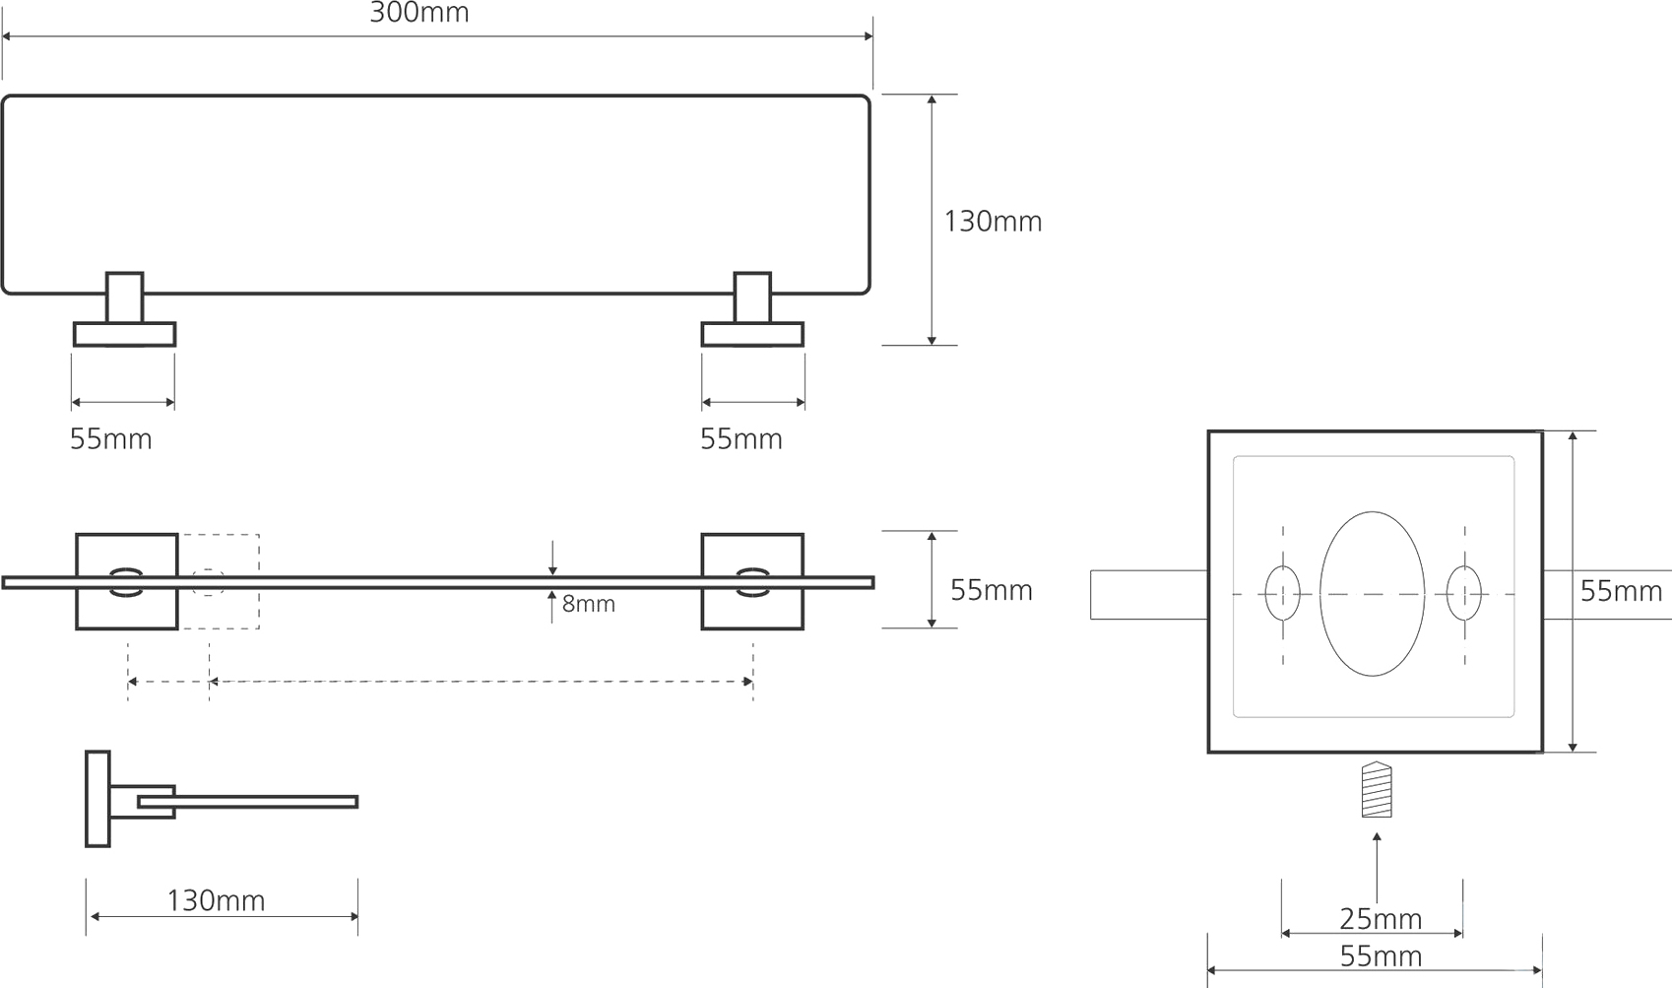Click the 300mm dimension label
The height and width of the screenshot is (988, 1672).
(x=419, y=13)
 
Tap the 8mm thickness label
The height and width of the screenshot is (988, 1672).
(x=588, y=604)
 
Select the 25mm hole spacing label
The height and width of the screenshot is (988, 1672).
(x=1381, y=919)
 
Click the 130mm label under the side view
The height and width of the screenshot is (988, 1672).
(x=216, y=900)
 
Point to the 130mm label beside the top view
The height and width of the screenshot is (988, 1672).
(x=993, y=222)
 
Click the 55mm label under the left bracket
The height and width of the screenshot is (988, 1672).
(x=111, y=439)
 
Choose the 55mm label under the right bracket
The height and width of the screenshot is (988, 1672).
(x=741, y=439)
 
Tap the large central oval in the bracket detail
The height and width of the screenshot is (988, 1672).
(x=1372, y=594)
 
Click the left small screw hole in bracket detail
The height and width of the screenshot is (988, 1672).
(x=1282, y=594)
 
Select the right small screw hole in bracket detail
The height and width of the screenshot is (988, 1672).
(x=1464, y=594)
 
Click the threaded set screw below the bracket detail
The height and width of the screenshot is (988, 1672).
(x=1377, y=789)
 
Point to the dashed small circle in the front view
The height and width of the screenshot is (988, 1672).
(x=208, y=582)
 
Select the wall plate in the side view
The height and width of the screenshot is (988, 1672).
(x=97, y=799)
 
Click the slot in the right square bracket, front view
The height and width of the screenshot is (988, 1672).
(x=752, y=582)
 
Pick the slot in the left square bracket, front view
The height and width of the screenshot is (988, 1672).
(x=126, y=582)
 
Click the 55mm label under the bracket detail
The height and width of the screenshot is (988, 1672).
(x=1381, y=956)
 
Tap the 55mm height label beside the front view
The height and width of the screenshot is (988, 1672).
(x=992, y=591)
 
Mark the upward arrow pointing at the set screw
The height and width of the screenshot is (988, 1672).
(x=1377, y=868)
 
